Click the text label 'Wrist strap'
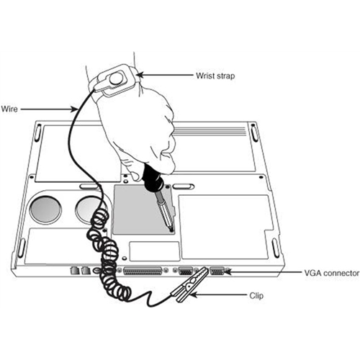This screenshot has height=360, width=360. coord(215,76)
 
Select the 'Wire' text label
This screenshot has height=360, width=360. coord(9,109)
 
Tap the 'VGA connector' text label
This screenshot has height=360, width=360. coord(332,273)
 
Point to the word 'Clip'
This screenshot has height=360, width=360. coord(256,296)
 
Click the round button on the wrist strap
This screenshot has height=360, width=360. coord(116,78)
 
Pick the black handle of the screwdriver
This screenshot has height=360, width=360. coord(153,178)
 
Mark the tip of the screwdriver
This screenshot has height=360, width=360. coord(171,230)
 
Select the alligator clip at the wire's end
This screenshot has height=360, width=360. coord(189,284)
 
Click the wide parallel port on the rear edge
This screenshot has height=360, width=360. coord(143,271)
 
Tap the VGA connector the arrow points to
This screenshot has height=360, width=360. coord(217,271)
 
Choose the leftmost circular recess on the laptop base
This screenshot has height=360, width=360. coord(45,209)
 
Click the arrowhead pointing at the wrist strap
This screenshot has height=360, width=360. coord(140,75)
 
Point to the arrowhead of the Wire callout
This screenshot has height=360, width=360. coord(74,109)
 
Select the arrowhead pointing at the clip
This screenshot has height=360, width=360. coord(194,294)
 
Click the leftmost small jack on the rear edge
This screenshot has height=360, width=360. coord(75,271)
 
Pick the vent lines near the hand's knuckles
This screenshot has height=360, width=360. coord(210,132)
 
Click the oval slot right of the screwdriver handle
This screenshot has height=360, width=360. coord(184,186)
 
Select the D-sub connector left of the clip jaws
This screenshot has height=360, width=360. coord(186,271)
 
